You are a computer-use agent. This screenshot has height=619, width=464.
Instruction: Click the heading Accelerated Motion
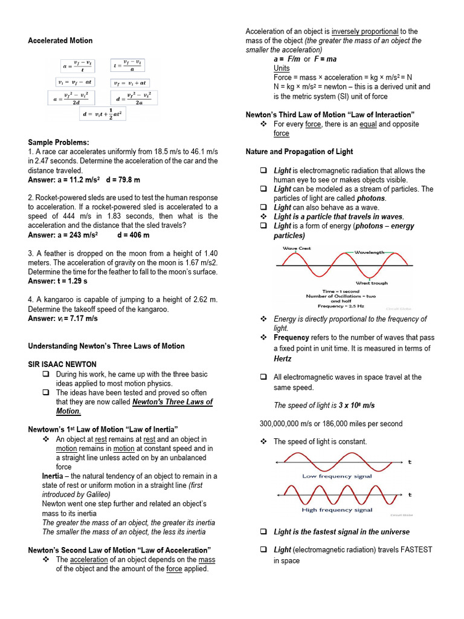click(x=60, y=41)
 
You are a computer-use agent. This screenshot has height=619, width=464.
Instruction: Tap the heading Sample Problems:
click(x=59, y=142)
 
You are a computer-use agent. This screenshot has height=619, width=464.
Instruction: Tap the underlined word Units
click(x=282, y=68)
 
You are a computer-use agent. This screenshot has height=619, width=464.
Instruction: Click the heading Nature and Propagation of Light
click(x=299, y=152)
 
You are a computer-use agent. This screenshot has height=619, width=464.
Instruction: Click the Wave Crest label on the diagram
click(x=297, y=248)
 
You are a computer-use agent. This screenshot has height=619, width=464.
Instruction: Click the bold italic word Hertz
click(x=283, y=358)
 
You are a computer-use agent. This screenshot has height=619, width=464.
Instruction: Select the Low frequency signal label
click(x=337, y=476)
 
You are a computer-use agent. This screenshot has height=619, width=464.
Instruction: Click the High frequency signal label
click(x=337, y=510)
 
